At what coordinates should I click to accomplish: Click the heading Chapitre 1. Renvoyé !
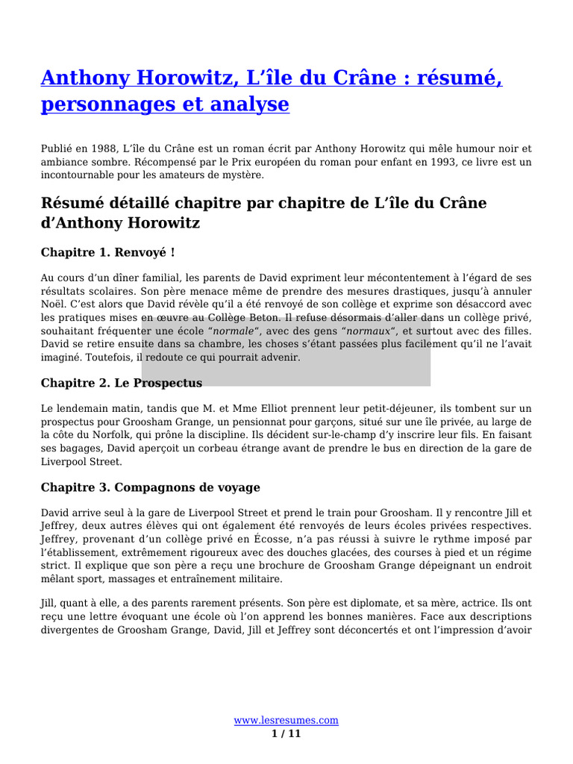point(108,252)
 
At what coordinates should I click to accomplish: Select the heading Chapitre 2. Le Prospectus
point(121,383)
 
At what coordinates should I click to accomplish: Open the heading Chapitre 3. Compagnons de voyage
point(150,487)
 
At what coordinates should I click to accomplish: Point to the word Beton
point(272,318)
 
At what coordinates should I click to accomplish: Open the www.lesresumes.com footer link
point(286,721)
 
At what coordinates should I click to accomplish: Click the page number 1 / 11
point(286,734)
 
